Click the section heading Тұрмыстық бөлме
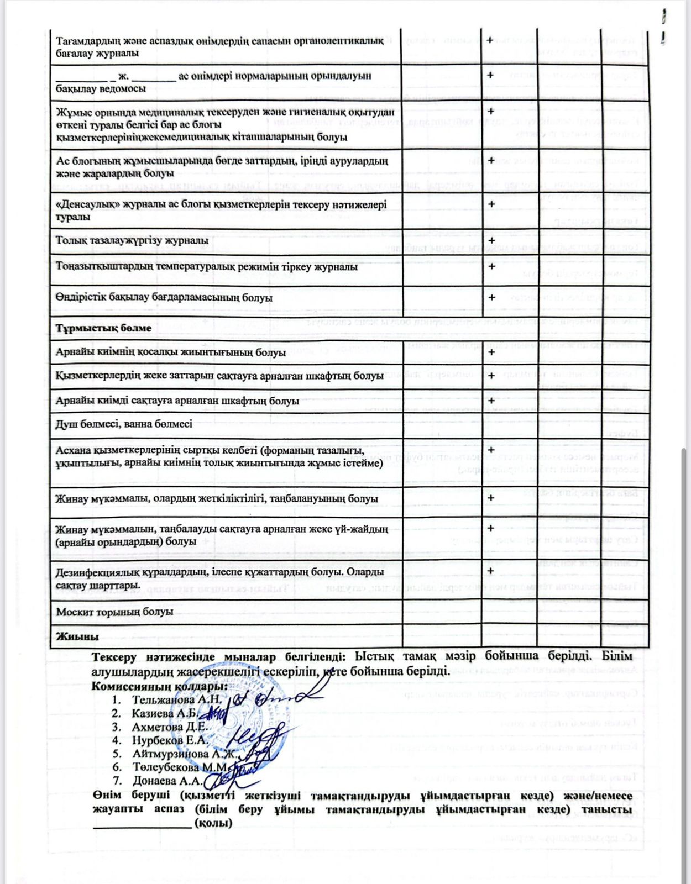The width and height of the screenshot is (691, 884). (x=103, y=328)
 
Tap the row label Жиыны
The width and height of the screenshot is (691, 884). (x=77, y=636)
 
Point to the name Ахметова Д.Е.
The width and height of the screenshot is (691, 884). (x=169, y=727)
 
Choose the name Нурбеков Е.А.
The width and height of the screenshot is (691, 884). (x=169, y=740)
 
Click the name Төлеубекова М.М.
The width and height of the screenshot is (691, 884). (x=180, y=767)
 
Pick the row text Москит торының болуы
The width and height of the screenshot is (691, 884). (x=114, y=612)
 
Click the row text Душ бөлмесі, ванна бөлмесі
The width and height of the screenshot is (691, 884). (x=124, y=424)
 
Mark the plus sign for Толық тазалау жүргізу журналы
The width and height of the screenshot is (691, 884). (x=491, y=240)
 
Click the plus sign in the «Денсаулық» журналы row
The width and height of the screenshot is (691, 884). (x=491, y=204)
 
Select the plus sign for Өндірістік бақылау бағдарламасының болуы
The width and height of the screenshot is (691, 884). (x=491, y=297)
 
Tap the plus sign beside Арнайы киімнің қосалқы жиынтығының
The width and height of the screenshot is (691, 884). (x=491, y=352)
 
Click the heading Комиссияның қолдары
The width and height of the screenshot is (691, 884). (x=160, y=686)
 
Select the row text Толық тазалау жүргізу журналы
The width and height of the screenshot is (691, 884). (x=132, y=240)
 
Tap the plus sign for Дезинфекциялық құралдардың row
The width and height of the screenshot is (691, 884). (x=491, y=571)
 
